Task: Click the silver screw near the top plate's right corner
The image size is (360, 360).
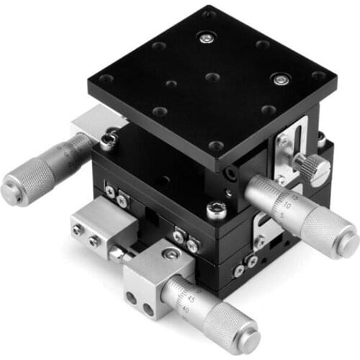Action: coord(277,77)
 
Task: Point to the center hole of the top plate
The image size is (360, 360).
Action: coord(211,76)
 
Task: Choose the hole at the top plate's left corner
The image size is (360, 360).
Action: coord(106,79)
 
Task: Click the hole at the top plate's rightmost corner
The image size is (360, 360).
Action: coord(317,75)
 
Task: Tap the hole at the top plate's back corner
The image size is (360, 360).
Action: coord(208,14)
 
